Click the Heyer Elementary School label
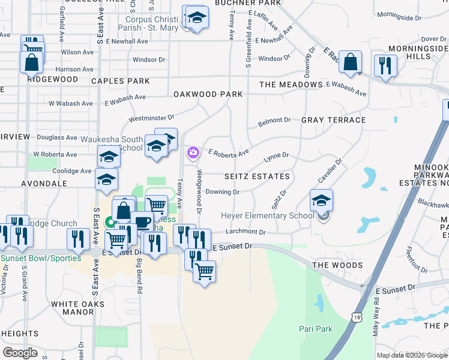click(268, 216)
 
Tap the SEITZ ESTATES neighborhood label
click(257, 176)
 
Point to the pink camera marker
click(193, 153)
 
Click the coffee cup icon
click(142, 221)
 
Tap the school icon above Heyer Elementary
click(321, 200)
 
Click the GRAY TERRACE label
click(334, 120)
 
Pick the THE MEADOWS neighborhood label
click(291, 85)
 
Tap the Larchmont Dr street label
click(246, 232)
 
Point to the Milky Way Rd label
click(376, 320)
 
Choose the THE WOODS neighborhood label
click(337, 265)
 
